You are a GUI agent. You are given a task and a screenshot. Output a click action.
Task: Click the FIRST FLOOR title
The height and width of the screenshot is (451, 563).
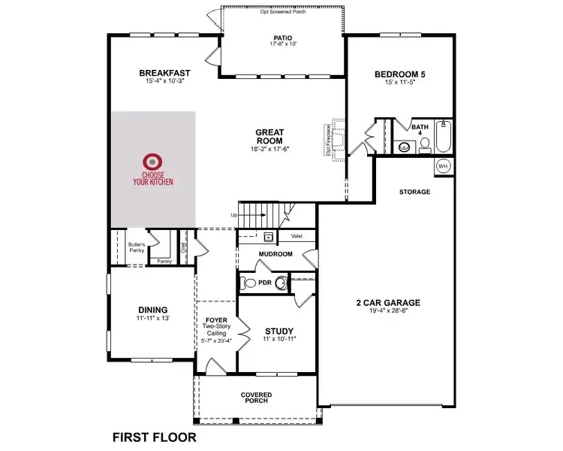pyautogui.click(x=154, y=436)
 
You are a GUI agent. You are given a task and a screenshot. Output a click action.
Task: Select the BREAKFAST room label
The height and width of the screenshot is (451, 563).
pyautogui.click(x=164, y=73)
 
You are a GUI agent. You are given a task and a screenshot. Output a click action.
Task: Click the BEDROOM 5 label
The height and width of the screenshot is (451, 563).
pyautogui.click(x=400, y=74)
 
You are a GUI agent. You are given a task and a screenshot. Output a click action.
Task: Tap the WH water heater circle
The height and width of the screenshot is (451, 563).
pyautogui.click(x=442, y=165)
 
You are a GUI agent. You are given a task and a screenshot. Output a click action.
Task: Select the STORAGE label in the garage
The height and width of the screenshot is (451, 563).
pyautogui.click(x=414, y=192)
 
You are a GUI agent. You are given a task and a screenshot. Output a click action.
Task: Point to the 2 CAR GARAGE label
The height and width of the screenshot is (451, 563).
pyautogui.click(x=387, y=303)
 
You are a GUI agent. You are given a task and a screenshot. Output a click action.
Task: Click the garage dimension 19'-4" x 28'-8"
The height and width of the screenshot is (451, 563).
pyautogui.click(x=387, y=313)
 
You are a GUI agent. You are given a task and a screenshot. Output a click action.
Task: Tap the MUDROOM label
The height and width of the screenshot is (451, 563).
pyautogui.click(x=275, y=254)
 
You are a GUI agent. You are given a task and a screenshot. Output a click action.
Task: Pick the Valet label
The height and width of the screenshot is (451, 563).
pyautogui.click(x=297, y=236)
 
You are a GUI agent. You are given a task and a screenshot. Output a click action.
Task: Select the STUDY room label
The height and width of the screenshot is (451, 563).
pyautogui.click(x=279, y=331)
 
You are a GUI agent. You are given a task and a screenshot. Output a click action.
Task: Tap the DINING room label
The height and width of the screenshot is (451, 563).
pyautogui.click(x=152, y=310)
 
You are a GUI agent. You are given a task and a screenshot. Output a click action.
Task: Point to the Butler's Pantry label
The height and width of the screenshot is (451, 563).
pyautogui.click(x=136, y=247)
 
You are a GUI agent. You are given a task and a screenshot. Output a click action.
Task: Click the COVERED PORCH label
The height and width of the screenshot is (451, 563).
pyautogui.click(x=257, y=398)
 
